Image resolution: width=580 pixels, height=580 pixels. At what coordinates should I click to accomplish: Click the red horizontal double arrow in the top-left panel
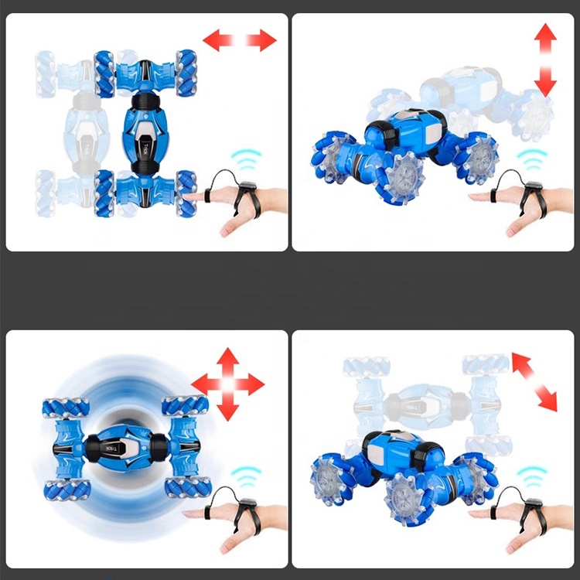click(240, 39)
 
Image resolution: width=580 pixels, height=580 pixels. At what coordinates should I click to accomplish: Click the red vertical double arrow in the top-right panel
click(545, 60)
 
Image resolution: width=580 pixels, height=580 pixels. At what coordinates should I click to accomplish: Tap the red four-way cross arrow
click(228, 384)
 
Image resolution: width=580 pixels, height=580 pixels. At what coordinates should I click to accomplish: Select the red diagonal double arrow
click(534, 380)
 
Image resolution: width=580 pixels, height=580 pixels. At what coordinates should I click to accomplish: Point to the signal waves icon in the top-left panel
click(247, 159)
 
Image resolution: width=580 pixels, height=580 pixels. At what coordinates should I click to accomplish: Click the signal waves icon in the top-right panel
click(531, 159)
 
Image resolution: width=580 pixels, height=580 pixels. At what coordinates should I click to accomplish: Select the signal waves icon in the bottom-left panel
click(247, 474)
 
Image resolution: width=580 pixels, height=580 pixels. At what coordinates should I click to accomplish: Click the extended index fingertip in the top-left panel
click(188, 199)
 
